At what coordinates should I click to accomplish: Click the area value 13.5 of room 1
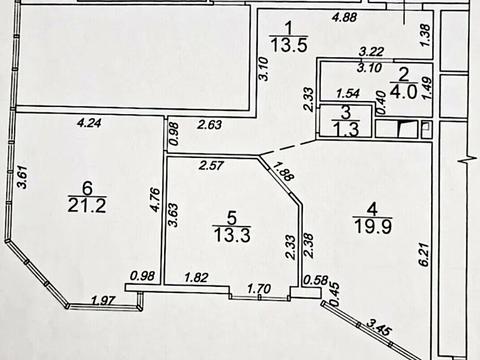(289, 45)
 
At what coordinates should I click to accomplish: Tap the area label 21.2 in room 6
(87, 205)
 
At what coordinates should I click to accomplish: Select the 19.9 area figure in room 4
(373, 226)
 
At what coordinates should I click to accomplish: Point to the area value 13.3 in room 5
(232, 234)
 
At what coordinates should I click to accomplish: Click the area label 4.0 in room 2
(404, 92)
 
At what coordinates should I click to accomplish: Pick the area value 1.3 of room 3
(347, 129)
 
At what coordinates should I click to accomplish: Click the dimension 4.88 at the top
(345, 17)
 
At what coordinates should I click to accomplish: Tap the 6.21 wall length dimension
(424, 254)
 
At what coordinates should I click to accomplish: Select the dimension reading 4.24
(89, 123)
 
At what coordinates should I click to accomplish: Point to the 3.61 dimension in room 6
(22, 177)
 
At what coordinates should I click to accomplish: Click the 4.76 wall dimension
(155, 200)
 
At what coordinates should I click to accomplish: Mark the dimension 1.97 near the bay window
(103, 300)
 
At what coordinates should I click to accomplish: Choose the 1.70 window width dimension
(259, 288)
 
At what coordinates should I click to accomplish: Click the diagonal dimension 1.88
(283, 171)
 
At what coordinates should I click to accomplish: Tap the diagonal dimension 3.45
(379, 327)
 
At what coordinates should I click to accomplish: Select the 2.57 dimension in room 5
(211, 165)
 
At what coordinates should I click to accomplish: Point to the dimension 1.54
(348, 94)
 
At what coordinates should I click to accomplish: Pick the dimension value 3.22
(371, 52)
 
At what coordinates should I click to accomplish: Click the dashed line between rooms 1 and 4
(288, 148)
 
